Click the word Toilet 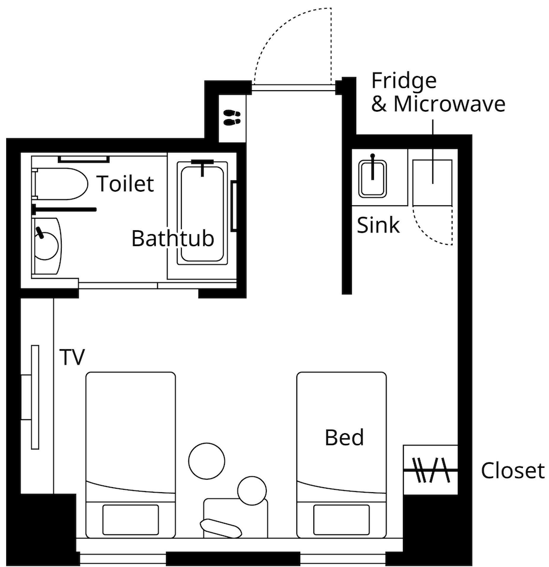click(125, 183)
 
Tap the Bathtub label click(173, 238)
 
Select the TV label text click(73, 357)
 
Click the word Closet click(513, 471)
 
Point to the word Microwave click(449, 104)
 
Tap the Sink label click(378, 225)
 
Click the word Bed click(344, 437)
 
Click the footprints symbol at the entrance click(232, 117)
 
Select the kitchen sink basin click(372, 179)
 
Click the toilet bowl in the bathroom click(61, 184)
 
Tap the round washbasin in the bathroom click(46, 246)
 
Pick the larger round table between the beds click(207, 461)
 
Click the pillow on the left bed click(130, 519)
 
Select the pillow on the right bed click(342, 519)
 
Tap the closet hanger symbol click(431, 470)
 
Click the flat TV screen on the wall click(35, 397)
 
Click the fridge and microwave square click(432, 183)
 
